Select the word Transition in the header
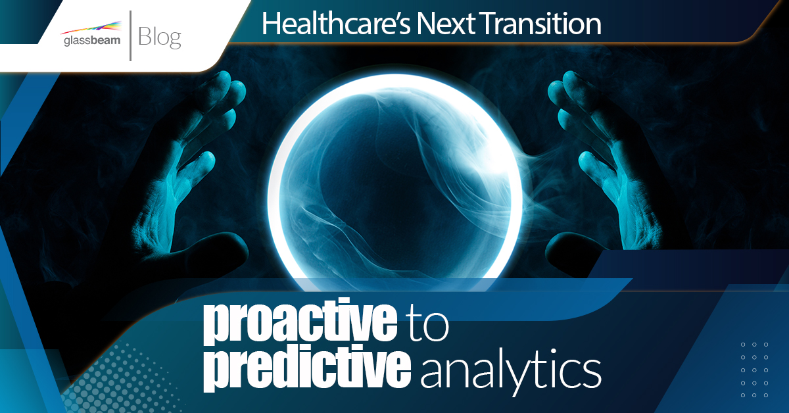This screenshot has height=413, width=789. (x=540, y=24)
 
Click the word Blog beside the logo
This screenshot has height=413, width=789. (x=160, y=37)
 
